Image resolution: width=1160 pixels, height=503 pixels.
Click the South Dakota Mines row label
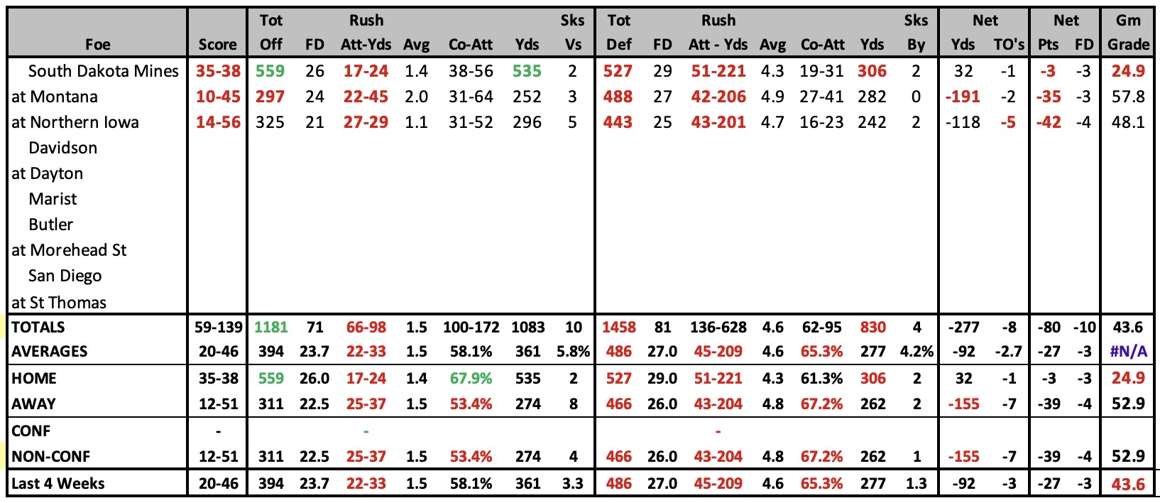point(103,71)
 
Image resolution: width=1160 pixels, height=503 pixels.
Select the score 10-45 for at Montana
point(218,97)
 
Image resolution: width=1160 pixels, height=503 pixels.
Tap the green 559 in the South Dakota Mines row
point(270,71)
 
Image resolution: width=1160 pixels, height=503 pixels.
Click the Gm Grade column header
point(1129,32)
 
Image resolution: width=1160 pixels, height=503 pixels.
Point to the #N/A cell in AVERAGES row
point(1129,352)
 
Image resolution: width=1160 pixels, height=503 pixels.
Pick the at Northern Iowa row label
point(75,122)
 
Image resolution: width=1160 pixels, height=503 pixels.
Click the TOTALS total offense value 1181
point(271,328)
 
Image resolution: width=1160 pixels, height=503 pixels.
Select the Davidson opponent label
point(62,148)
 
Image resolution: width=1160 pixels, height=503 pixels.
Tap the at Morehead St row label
point(69,250)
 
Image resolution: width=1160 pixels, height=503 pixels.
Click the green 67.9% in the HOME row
point(471,378)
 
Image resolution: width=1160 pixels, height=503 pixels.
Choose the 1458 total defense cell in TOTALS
point(619,328)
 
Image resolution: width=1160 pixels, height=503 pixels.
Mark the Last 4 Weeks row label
point(58,483)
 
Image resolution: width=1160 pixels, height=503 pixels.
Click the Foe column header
point(97,45)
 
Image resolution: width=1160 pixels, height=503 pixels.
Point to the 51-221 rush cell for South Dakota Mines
point(718,71)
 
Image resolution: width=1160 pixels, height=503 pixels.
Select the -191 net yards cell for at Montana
point(963,97)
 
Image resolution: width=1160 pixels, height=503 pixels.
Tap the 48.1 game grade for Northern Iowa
point(1129,122)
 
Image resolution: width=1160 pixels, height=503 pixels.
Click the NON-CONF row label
point(50,456)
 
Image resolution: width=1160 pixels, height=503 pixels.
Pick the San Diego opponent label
point(65,276)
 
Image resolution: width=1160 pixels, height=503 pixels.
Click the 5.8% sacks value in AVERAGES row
point(574,352)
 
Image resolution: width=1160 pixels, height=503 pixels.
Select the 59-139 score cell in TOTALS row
point(219,328)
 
